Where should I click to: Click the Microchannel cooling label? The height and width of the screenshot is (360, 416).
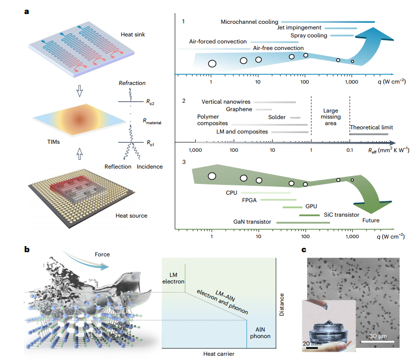(250, 21)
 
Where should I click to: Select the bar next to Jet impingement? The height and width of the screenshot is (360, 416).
(340, 28)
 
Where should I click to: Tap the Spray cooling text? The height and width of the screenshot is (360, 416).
(308, 35)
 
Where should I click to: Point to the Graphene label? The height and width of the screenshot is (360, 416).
(239, 109)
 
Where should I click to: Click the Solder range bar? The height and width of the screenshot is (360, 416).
(295, 118)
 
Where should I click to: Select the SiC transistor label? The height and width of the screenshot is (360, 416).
(341, 215)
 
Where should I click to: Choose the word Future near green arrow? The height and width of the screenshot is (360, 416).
(371, 220)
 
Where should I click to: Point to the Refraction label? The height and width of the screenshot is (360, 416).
(132, 83)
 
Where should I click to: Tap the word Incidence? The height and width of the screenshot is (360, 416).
(150, 167)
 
